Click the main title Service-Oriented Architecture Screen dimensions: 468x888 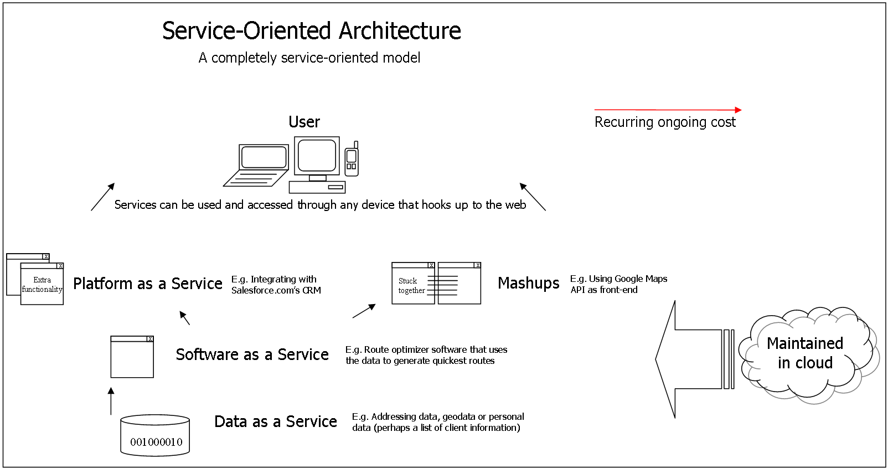coord(311,31)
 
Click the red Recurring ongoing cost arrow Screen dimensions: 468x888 coord(667,110)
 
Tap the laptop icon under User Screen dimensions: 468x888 coord(258,164)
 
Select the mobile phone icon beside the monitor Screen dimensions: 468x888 coord(352,160)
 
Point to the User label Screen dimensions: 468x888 coord(304,122)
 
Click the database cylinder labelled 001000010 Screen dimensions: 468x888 coord(156,436)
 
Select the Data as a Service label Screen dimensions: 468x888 coord(275,421)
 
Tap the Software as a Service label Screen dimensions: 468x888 coord(252,354)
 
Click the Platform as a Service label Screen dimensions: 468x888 coord(147,284)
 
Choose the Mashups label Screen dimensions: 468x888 coord(528,283)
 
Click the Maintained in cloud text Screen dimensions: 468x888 coord(804,353)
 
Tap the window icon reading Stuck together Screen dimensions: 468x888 coord(413,285)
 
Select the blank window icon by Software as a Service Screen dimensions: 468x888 coord(132,357)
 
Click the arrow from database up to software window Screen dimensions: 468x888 coord(111,401)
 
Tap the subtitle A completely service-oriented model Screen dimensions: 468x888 coord(309,58)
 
